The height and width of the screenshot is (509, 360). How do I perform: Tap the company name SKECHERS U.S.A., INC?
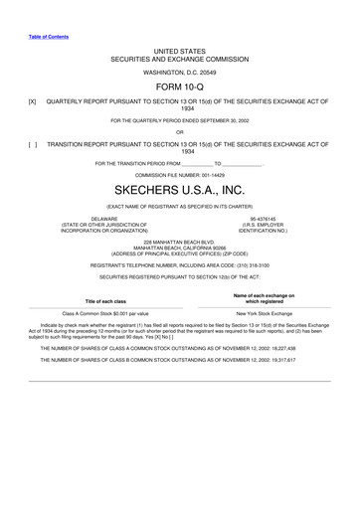point(180,189)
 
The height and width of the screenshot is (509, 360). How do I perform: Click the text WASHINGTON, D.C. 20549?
point(179,72)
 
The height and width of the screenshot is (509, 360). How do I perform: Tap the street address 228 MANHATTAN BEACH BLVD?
point(179,242)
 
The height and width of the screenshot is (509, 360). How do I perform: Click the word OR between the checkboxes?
point(179,130)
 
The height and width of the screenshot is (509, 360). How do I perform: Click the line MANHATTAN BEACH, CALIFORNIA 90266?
point(179,248)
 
